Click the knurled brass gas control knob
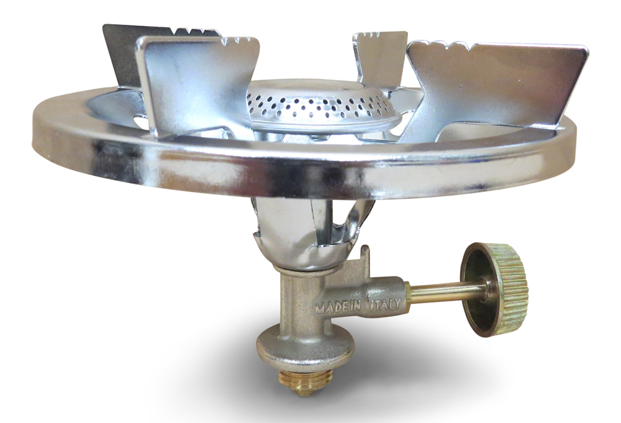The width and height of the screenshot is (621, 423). click(495, 289)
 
